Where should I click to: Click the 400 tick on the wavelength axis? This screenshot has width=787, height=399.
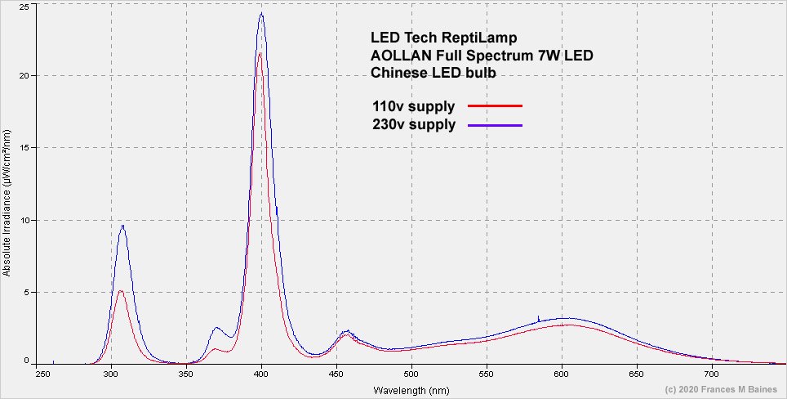(261, 374)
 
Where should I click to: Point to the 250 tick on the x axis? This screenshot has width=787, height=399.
(37, 374)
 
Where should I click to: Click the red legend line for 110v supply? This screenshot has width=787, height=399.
(495, 106)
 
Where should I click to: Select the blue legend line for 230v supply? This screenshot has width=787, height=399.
(495, 125)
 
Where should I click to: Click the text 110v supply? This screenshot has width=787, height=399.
(412, 106)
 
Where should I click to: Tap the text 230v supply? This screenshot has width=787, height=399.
(412, 125)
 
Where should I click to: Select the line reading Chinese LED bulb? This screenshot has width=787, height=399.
(434, 73)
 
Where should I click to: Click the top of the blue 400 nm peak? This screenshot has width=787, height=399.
(261, 13)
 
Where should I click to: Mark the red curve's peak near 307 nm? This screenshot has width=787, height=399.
(120, 290)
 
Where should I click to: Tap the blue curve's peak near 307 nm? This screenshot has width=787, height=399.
(122, 226)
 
